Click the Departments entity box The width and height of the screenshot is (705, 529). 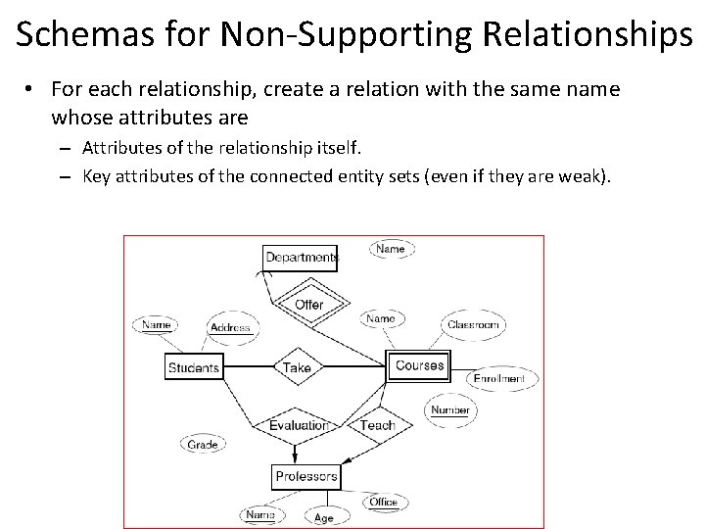pyautogui.click(x=301, y=258)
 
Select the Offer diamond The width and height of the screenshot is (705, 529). pyautogui.click(x=308, y=305)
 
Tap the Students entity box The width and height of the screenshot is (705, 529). pyautogui.click(x=194, y=367)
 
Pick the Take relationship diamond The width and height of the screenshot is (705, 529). pyautogui.click(x=296, y=367)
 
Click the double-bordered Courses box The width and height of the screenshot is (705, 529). pyautogui.click(x=419, y=366)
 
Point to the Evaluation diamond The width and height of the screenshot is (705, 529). pyautogui.click(x=299, y=425)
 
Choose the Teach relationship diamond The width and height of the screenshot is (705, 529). pyautogui.click(x=377, y=425)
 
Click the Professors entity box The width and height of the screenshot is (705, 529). pyautogui.click(x=305, y=477)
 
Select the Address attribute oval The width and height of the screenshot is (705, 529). pyautogui.click(x=230, y=328)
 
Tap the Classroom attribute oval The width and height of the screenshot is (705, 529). pyautogui.click(x=474, y=324)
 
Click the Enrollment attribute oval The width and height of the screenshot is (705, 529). pyautogui.click(x=498, y=379)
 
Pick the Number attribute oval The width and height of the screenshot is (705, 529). pyautogui.click(x=450, y=409)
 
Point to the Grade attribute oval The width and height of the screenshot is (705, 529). pyautogui.click(x=203, y=445)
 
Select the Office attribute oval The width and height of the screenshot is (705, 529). pyautogui.click(x=383, y=502)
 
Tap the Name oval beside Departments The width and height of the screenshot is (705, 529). pyautogui.click(x=390, y=249)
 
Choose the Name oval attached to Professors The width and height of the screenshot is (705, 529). pyautogui.click(x=259, y=514)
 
